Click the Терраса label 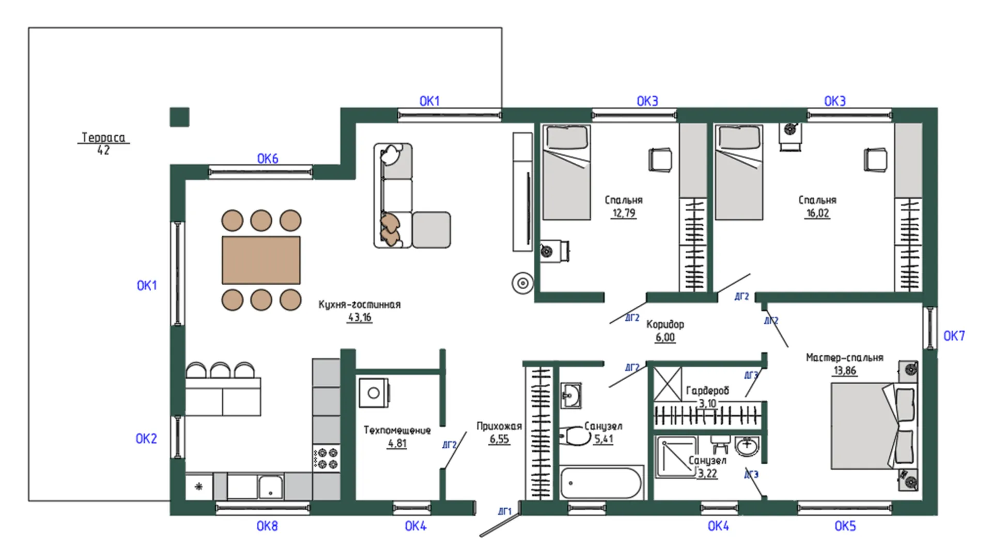tap(103, 137)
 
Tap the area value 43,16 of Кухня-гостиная tap(360, 317)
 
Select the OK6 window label tap(268, 159)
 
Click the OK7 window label tap(954, 336)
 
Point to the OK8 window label tap(267, 526)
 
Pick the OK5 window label tap(845, 526)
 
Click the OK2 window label tap(146, 439)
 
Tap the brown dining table tap(261, 260)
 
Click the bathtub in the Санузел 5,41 tap(601, 482)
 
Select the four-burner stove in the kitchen tap(326, 458)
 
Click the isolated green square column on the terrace tap(180, 117)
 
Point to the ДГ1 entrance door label tap(505, 511)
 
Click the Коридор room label tap(665, 324)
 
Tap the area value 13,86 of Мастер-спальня tap(845, 370)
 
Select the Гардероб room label tap(707, 391)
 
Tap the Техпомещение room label tap(397, 430)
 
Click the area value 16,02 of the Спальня tap(817, 213)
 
